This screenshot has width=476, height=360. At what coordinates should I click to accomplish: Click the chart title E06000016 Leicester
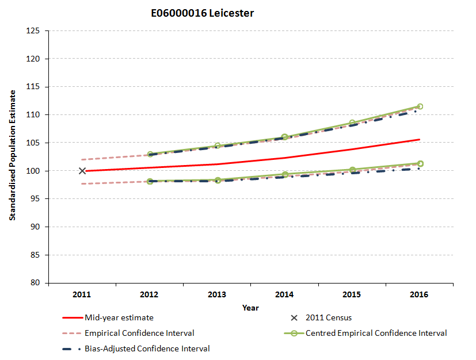(x=201, y=13)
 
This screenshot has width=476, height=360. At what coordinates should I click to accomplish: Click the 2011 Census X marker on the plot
(x=82, y=171)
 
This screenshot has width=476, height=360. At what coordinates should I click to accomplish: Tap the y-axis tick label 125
(x=33, y=30)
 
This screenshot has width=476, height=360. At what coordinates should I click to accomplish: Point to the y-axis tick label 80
(x=35, y=283)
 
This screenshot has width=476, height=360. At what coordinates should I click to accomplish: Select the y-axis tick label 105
(x=33, y=143)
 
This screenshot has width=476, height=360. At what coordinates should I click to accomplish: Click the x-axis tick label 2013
(x=217, y=294)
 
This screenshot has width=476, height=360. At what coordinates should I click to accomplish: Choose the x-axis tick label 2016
(x=420, y=294)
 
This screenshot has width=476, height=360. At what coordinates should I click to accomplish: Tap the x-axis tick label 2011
(x=82, y=294)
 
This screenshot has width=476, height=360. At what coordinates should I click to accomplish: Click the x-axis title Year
(x=250, y=308)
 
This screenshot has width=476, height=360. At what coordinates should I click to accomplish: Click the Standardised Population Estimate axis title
(x=12, y=156)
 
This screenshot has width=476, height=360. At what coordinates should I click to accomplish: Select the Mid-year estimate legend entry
(x=119, y=317)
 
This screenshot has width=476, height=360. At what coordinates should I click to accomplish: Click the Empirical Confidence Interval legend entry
(x=139, y=333)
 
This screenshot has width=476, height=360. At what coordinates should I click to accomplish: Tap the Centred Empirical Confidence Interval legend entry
(x=376, y=333)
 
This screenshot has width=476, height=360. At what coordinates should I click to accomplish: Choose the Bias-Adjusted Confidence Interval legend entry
(x=147, y=348)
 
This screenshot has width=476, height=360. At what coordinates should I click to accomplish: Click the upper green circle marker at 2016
(x=420, y=106)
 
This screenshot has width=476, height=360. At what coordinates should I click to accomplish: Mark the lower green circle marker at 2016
(x=420, y=164)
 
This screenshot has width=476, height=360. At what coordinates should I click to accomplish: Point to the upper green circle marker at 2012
(x=150, y=155)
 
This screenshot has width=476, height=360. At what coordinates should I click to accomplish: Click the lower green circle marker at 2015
(x=352, y=170)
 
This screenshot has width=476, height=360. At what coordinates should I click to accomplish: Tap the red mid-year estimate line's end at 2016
(x=419, y=140)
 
